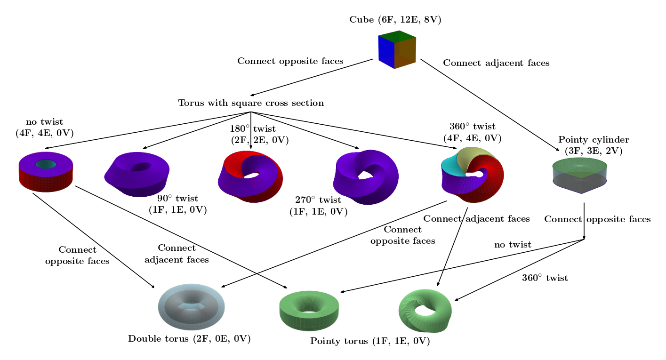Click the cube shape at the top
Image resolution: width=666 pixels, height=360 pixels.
coord(397,49)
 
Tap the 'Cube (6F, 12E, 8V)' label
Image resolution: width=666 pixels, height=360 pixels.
coord(395,20)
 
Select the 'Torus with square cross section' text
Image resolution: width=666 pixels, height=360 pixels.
coord(251,103)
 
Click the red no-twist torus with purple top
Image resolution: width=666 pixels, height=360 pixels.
coord(46,172)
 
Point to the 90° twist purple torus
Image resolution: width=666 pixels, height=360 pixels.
coord(137,174)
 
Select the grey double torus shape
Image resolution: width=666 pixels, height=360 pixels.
coord(191,307)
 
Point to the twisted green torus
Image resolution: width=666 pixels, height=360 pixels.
coord(425,310)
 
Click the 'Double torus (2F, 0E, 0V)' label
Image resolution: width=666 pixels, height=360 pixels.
coord(189,339)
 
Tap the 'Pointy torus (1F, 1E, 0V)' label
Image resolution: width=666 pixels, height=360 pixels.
coord(370,341)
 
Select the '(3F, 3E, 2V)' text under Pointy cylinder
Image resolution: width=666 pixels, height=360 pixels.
coord(593,151)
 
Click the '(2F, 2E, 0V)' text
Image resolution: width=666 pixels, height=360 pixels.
coord(260,140)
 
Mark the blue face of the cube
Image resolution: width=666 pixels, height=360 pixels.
coord(386,52)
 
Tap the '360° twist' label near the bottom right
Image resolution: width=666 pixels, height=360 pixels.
coord(545,278)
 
